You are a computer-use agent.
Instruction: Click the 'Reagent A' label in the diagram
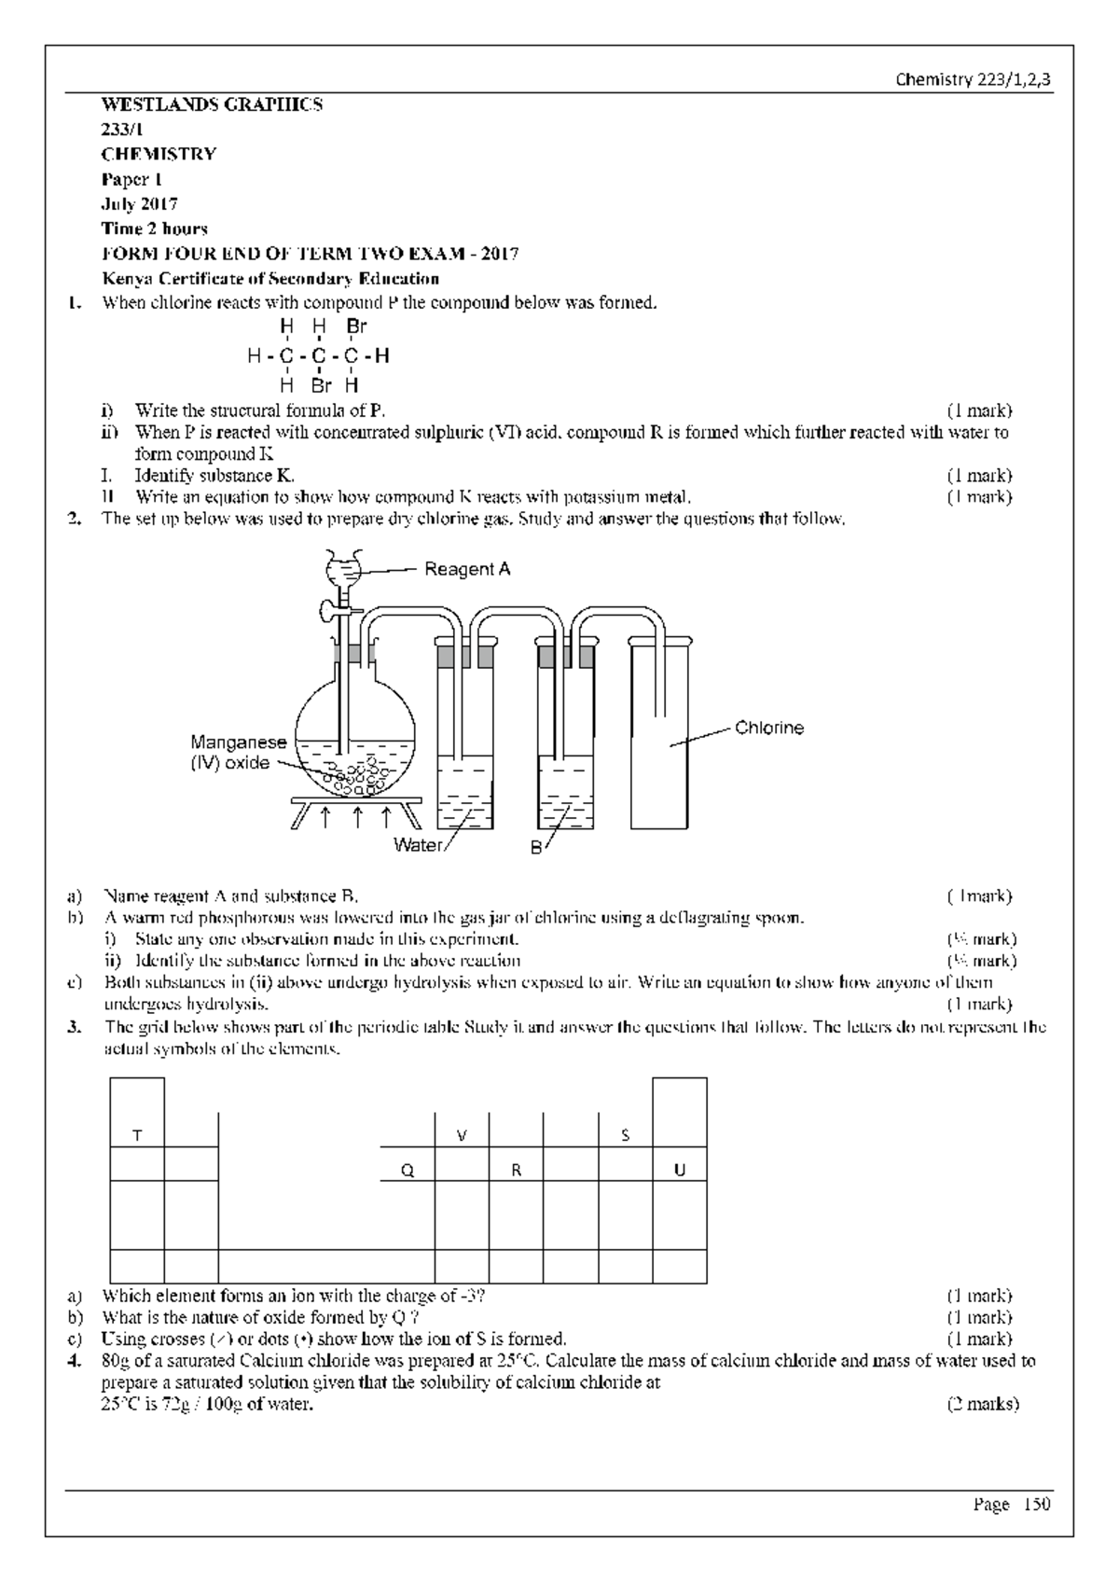tap(467, 569)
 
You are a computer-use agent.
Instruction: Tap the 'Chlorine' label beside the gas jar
tap(768, 728)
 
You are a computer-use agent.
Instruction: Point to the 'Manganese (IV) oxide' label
tap(239, 753)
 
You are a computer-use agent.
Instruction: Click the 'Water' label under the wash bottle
tap(417, 845)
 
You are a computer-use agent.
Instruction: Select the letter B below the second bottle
tap(535, 847)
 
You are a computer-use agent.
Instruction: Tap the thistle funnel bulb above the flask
tap(342, 566)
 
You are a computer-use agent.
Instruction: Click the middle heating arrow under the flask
tap(356, 818)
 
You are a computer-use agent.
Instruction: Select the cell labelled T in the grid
tap(137, 1135)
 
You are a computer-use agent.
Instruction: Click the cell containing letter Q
tap(407, 1171)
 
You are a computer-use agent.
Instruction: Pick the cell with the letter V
tap(461, 1135)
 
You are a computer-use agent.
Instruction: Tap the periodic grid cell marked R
tap(516, 1171)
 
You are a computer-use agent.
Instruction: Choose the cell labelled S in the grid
tap(625, 1135)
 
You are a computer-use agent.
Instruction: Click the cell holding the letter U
tap(679, 1171)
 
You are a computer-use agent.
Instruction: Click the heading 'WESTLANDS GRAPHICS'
tap(212, 104)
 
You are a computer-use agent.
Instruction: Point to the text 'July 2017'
tap(140, 203)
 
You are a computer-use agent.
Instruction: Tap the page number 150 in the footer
tap(1037, 1504)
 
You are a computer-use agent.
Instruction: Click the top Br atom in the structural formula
tap(356, 326)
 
